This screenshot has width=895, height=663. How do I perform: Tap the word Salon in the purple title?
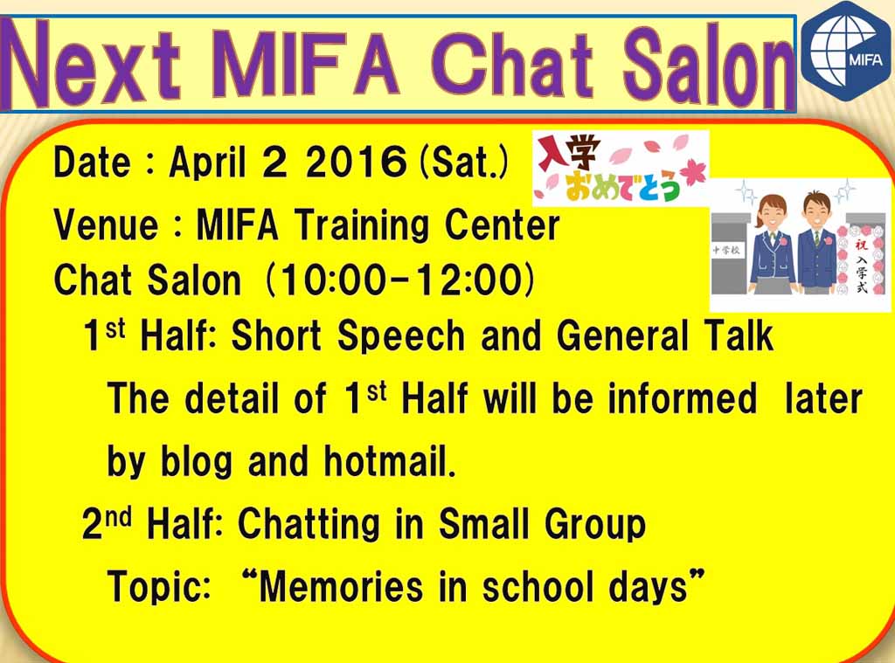pos(708,66)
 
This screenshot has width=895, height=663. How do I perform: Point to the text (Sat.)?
pos(463,162)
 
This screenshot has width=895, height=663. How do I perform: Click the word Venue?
pos(106,224)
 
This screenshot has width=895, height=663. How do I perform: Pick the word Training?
pos(362,226)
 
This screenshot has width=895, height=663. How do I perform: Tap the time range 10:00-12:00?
pos(400,280)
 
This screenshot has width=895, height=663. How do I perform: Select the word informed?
pos(683,398)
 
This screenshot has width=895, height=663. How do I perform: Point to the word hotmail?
pos(390,461)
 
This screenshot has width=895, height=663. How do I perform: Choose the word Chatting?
pos(309,525)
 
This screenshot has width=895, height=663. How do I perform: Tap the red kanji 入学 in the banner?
pos(568,152)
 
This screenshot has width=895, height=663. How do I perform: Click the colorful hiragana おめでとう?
pos(622,186)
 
